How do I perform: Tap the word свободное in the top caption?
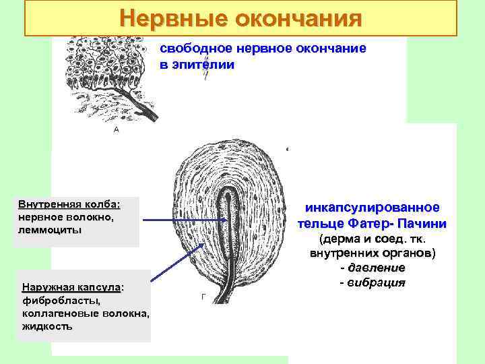(x=190, y=49)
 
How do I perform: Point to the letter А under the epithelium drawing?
(x=116, y=129)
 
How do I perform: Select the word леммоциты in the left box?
(x=51, y=229)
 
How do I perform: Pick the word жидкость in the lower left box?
(x=47, y=326)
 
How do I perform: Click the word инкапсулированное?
(x=372, y=208)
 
